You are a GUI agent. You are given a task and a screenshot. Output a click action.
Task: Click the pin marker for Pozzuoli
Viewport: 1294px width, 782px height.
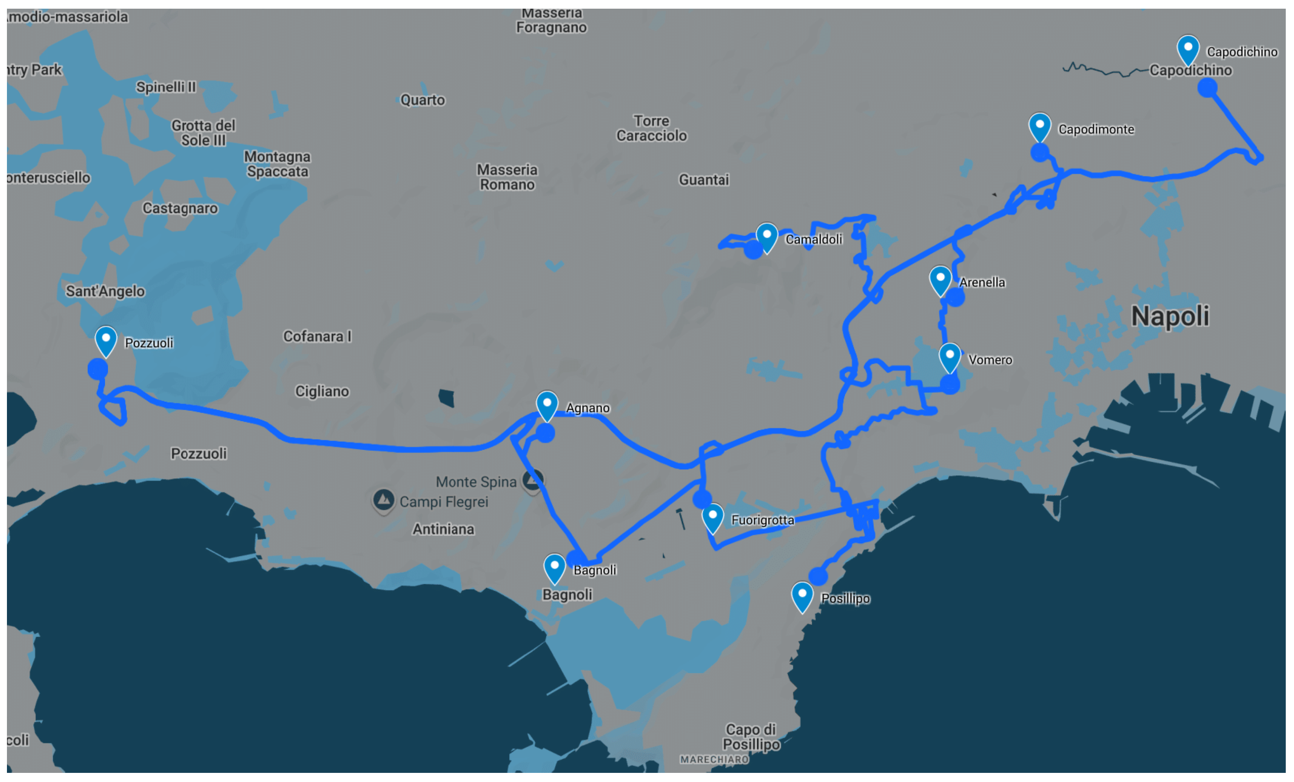click(x=105, y=340)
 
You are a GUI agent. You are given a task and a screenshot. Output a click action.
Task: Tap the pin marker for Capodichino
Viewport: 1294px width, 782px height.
click(x=1188, y=49)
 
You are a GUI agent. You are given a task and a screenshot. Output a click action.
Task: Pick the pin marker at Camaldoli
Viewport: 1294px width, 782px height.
click(x=767, y=237)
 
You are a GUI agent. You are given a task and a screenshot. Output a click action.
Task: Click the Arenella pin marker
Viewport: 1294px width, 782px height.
click(x=940, y=280)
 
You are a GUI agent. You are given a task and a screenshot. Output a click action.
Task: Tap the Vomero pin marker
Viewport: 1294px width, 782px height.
click(x=950, y=357)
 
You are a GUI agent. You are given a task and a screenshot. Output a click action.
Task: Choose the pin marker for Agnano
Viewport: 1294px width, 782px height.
click(x=547, y=405)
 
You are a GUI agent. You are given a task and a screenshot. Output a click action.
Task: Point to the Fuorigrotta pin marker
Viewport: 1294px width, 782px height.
click(x=712, y=518)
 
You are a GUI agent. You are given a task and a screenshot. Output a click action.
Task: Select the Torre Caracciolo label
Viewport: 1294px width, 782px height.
click(x=651, y=128)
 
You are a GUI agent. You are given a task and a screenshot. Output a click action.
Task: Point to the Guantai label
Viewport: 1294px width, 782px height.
click(x=703, y=180)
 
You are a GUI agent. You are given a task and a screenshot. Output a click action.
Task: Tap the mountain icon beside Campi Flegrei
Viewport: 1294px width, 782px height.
click(x=383, y=499)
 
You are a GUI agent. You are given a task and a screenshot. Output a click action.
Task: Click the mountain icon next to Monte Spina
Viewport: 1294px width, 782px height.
click(x=533, y=480)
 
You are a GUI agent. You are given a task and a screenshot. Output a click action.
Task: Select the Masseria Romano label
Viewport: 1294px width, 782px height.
click(x=507, y=177)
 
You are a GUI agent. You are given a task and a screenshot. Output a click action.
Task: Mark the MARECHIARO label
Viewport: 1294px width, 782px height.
click(x=714, y=759)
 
